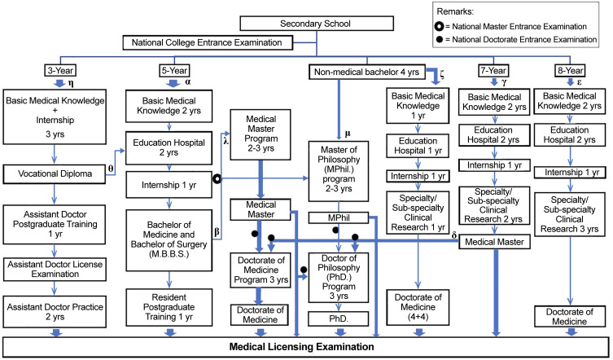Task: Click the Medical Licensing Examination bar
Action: [305, 347]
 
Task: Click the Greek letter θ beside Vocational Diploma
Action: [111, 168]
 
